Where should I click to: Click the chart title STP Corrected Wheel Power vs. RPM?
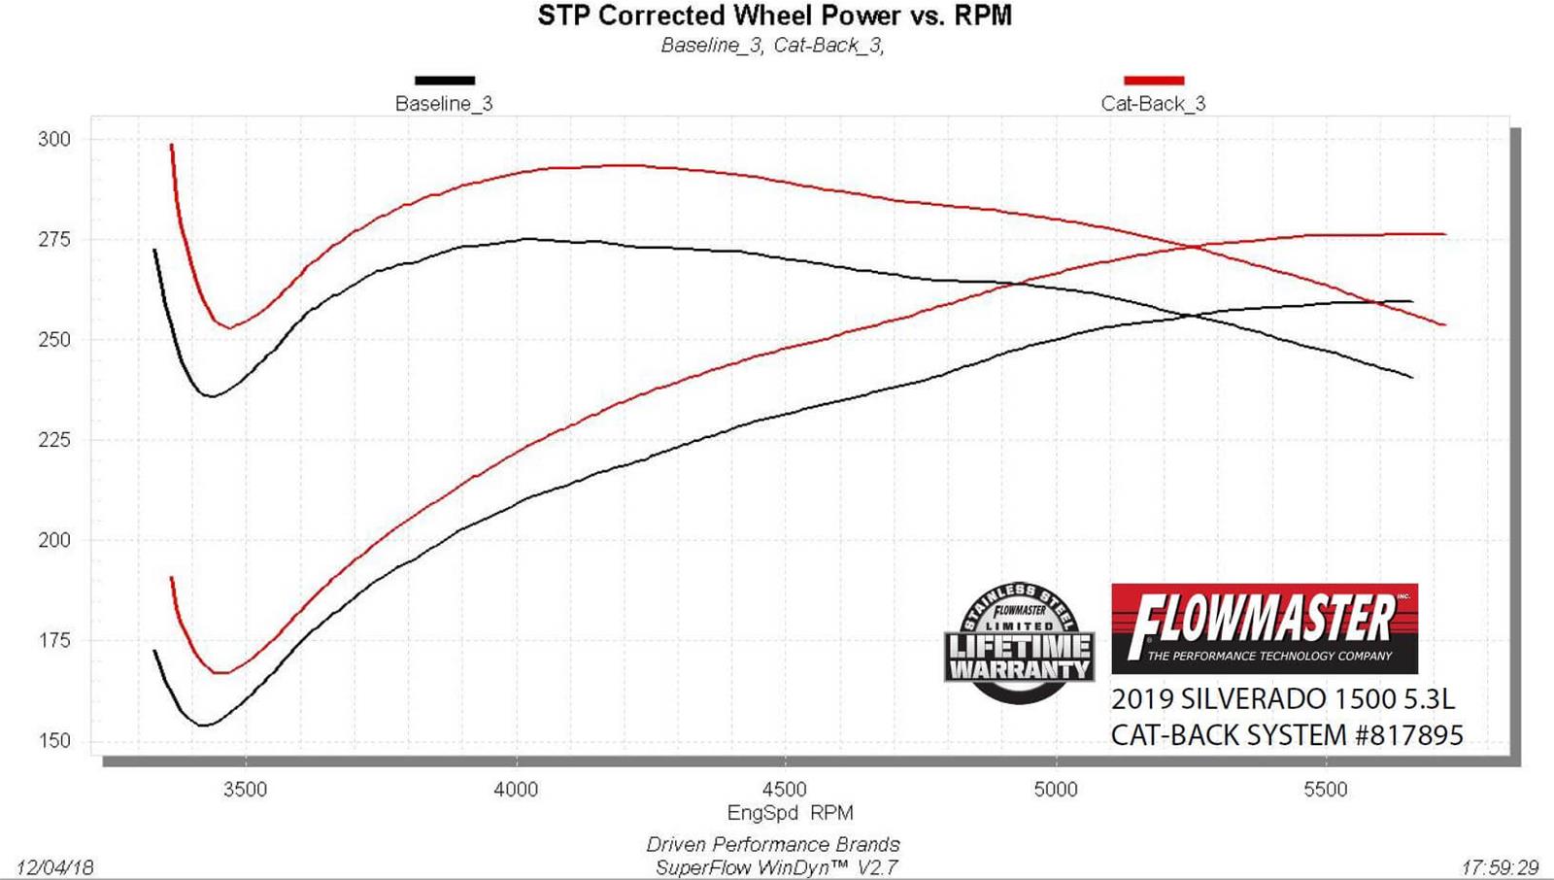pos(774,17)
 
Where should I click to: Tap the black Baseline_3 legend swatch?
pos(445,81)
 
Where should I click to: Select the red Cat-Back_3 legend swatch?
pos(1153,81)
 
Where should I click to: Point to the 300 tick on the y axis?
pos(54,139)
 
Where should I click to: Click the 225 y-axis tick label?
pos(54,440)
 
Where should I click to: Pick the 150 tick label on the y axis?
pos(54,741)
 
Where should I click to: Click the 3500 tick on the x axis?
pos(245,790)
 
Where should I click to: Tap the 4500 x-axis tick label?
pos(785,790)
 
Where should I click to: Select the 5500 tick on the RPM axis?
pos(1326,790)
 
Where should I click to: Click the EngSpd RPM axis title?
pos(790,813)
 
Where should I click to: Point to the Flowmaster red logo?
pos(1264,628)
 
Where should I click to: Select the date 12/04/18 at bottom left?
pos(55,867)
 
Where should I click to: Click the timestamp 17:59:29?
pos(1500,867)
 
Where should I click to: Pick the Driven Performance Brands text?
pos(773,844)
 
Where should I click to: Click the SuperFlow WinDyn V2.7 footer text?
pos(776,867)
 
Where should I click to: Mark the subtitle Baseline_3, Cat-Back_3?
pos(772,46)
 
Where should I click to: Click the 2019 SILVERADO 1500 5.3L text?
pos(1282,699)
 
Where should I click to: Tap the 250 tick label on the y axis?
pos(54,340)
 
